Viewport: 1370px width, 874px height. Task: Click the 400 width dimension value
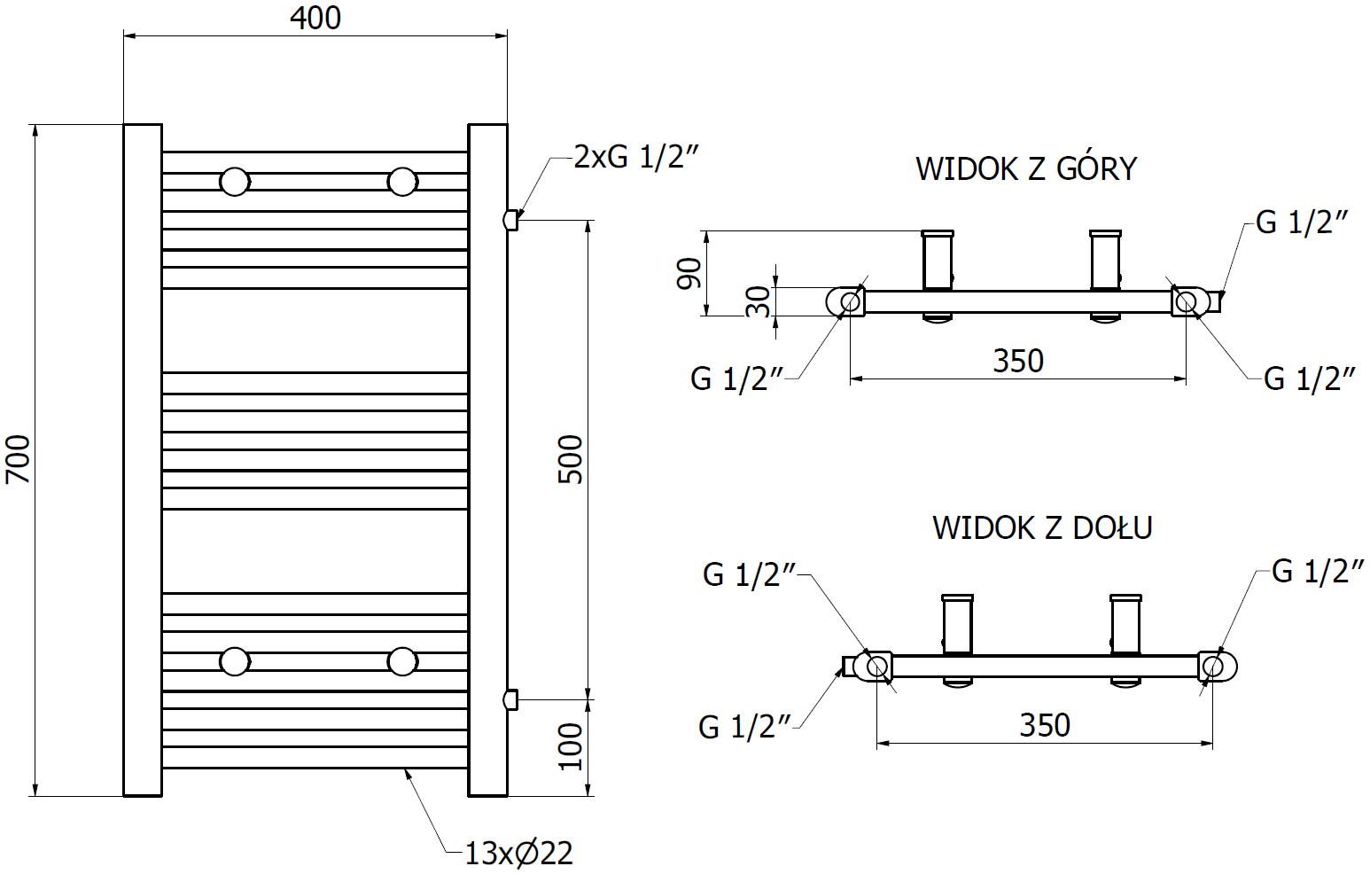click(x=315, y=18)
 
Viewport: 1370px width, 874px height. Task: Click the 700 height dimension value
click(x=18, y=459)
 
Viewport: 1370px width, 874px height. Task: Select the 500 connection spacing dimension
click(x=571, y=459)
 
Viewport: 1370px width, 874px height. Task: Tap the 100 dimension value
click(x=571, y=746)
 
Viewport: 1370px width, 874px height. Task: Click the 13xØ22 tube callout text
click(x=518, y=854)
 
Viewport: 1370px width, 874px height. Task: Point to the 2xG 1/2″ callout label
click(x=636, y=157)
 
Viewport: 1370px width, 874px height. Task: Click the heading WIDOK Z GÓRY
click(x=1025, y=168)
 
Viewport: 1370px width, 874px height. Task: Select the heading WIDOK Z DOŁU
click(x=1042, y=528)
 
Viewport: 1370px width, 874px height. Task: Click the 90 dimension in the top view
click(x=689, y=273)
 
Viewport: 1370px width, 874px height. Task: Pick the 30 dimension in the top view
click(x=759, y=302)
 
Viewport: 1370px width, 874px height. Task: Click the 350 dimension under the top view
click(x=1017, y=362)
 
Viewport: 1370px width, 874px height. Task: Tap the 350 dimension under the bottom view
click(x=1045, y=726)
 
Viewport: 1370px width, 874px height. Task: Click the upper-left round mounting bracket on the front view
click(x=235, y=182)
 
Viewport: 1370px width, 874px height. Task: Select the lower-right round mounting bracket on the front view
click(x=402, y=661)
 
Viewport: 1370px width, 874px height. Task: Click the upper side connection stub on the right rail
click(x=510, y=219)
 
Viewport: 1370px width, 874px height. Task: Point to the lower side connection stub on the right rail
click(x=510, y=699)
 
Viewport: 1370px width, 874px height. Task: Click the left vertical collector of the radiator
click(x=142, y=459)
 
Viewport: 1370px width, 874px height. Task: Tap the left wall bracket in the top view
click(x=938, y=261)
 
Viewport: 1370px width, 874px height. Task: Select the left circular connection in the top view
click(x=850, y=301)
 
